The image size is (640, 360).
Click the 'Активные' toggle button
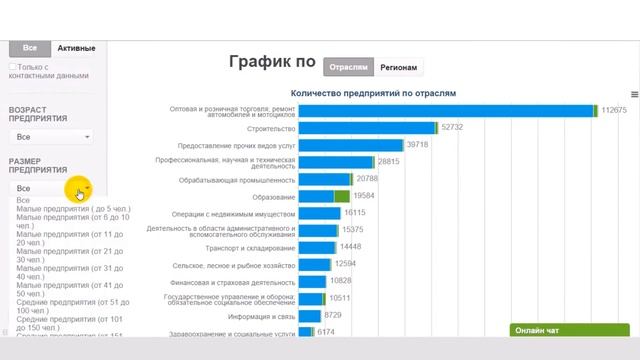coord(76,47)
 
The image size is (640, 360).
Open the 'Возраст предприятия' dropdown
coord(51,136)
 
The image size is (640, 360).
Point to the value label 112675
coord(613,110)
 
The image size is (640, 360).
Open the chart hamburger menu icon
coord(634,94)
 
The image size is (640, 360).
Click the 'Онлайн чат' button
coord(538,330)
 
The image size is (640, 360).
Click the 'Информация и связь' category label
coord(259,315)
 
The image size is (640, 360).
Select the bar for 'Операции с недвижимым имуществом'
coord(319,213)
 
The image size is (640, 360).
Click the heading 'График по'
coord(272,63)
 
